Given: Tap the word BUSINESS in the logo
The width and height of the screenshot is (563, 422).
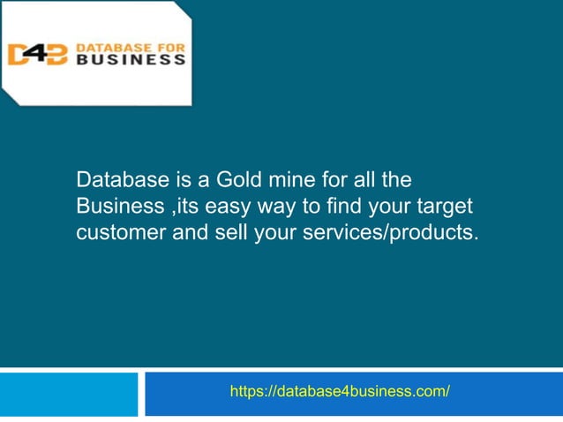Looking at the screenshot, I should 131,61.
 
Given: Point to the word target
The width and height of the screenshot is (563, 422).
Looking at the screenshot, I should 445,207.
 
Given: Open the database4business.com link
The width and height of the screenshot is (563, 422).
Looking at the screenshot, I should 340,391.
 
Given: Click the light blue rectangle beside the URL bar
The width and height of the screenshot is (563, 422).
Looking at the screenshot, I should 69,394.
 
